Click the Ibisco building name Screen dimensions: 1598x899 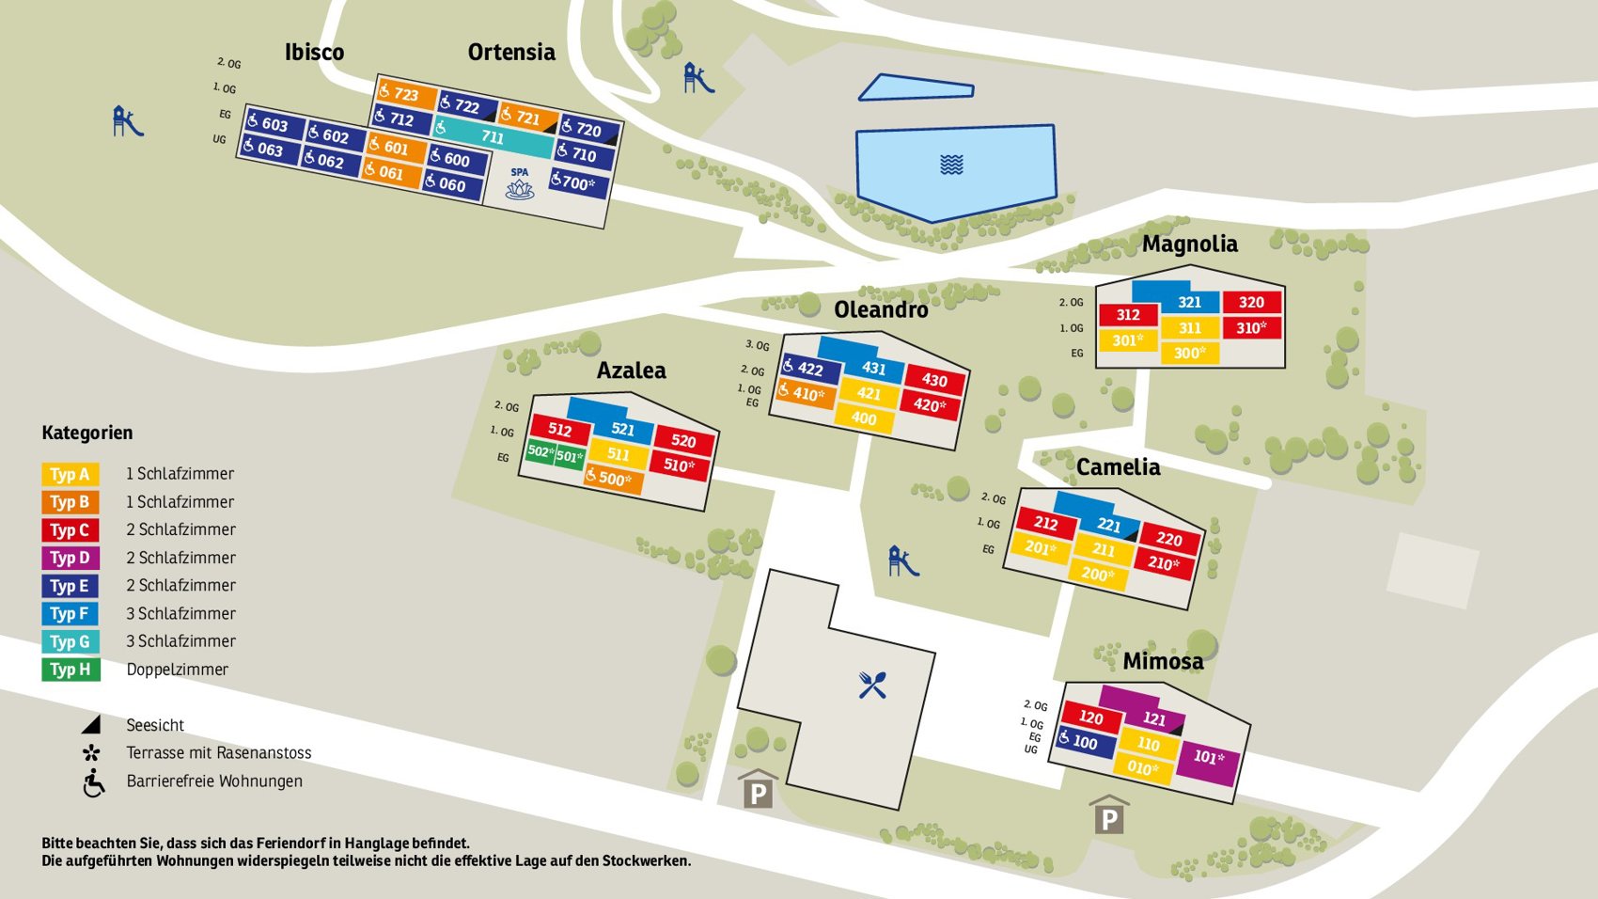coord(314,52)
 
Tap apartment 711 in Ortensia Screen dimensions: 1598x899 coord(493,135)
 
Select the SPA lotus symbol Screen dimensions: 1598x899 coord(519,189)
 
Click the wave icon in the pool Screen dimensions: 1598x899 coord(951,165)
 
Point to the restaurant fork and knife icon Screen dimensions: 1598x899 coord(871,685)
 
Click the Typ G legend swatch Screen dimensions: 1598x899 coord(70,641)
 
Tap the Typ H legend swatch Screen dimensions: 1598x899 coord(70,670)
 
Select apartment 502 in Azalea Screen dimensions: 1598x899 coord(540,452)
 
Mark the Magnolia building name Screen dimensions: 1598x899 coord(1189,244)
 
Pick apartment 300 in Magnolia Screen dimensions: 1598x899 coord(1189,353)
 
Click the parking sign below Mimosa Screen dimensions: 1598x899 coord(1109,815)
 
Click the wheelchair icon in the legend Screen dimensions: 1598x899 coord(93,782)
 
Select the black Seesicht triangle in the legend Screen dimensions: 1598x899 coord(91,725)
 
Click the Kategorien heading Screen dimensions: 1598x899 coord(87,433)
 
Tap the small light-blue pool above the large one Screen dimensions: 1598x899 coord(916,87)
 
